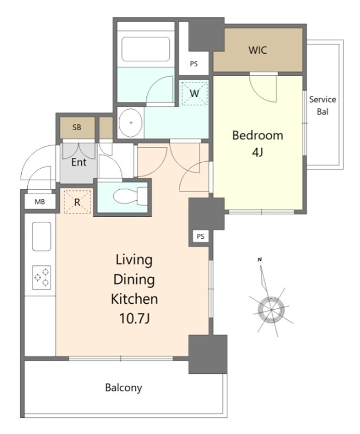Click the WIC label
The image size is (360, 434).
(258, 50)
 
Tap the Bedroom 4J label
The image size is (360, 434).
(258, 143)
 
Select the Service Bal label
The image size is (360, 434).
(323, 105)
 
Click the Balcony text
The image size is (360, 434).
(124, 388)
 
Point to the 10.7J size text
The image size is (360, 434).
(134, 318)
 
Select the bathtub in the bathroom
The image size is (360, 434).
(145, 49)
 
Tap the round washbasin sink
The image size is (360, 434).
(130, 123)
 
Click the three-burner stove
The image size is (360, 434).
(42, 277)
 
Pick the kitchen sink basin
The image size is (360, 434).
(42, 237)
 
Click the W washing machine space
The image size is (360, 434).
(194, 93)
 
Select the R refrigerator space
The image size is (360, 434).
(77, 202)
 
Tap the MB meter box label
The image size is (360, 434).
(40, 202)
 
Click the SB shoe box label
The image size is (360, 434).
(76, 127)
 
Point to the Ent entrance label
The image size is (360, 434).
(79, 162)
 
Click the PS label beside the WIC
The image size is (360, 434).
(194, 64)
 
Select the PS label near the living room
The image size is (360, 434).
(201, 237)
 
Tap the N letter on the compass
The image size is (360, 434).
(260, 260)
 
